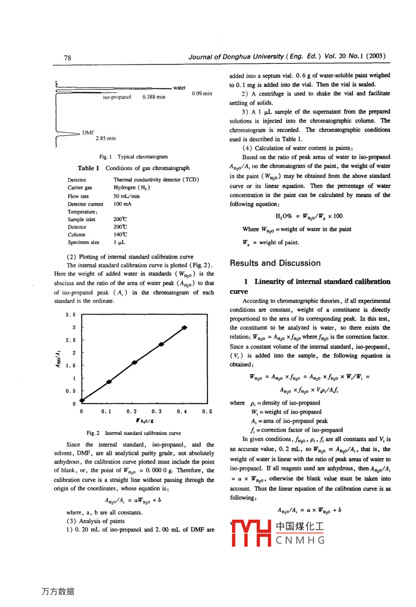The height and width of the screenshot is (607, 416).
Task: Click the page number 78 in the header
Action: [x=68, y=57]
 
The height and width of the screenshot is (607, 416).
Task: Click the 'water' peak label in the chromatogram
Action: [x=179, y=87]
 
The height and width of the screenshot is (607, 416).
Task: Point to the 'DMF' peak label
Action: [x=88, y=132]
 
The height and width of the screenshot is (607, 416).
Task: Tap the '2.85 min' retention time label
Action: [x=106, y=138]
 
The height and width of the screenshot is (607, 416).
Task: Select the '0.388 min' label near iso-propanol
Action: [x=154, y=97]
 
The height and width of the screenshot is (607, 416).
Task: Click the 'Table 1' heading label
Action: [x=88, y=168]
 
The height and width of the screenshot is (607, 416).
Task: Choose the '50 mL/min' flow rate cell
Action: [x=127, y=196]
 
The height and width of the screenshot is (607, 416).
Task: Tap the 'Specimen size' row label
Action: [x=83, y=242]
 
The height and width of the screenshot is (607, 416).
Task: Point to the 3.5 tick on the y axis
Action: [x=70, y=315]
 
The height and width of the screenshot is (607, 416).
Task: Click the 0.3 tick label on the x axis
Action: [x=156, y=412]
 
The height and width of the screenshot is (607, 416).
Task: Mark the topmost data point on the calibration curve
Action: [x=185, y=327]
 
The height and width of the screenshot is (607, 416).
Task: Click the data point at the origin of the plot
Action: [x=82, y=401]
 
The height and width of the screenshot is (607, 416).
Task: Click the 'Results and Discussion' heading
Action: [x=275, y=263]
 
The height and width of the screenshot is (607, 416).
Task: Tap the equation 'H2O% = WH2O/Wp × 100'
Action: [x=309, y=216]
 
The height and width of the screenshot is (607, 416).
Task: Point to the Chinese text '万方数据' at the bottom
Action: [x=58, y=591]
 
